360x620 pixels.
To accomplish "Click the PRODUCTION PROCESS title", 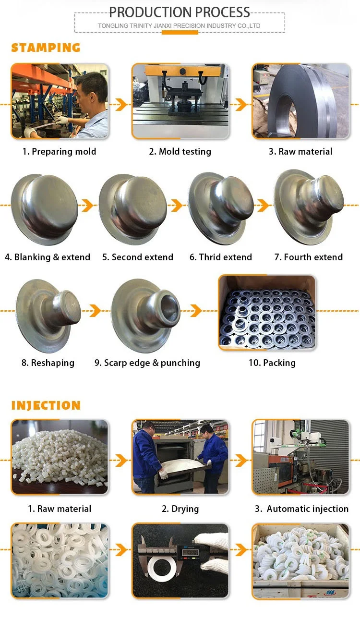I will pyautogui.click(x=180, y=12).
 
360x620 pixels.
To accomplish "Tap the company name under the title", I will pyautogui.click(x=180, y=25).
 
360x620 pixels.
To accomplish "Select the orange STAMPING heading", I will pyautogui.click(x=46, y=48).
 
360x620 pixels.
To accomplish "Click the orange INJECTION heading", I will pyautogui.click(x=46, y=405).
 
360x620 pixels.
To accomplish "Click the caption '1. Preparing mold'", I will pyautogui.click(x=59, y=151).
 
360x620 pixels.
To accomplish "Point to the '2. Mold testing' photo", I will pyautogui.click(x=180, y=101).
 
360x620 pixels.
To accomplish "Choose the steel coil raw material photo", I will pyautogui.click(x=301, y=101).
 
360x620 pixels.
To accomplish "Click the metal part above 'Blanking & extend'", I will pyautogui.click(x=44, y=209).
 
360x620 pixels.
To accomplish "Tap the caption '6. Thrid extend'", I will pyautogui.click(x=220, y=257).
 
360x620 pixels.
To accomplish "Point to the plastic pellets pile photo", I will pyautogui.click(x=60, y=457).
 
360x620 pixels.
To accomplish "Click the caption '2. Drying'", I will pyautogui.click(x=180, y=509).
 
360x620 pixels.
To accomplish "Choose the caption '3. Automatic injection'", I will pyautogui.click(x=301, y=509).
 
